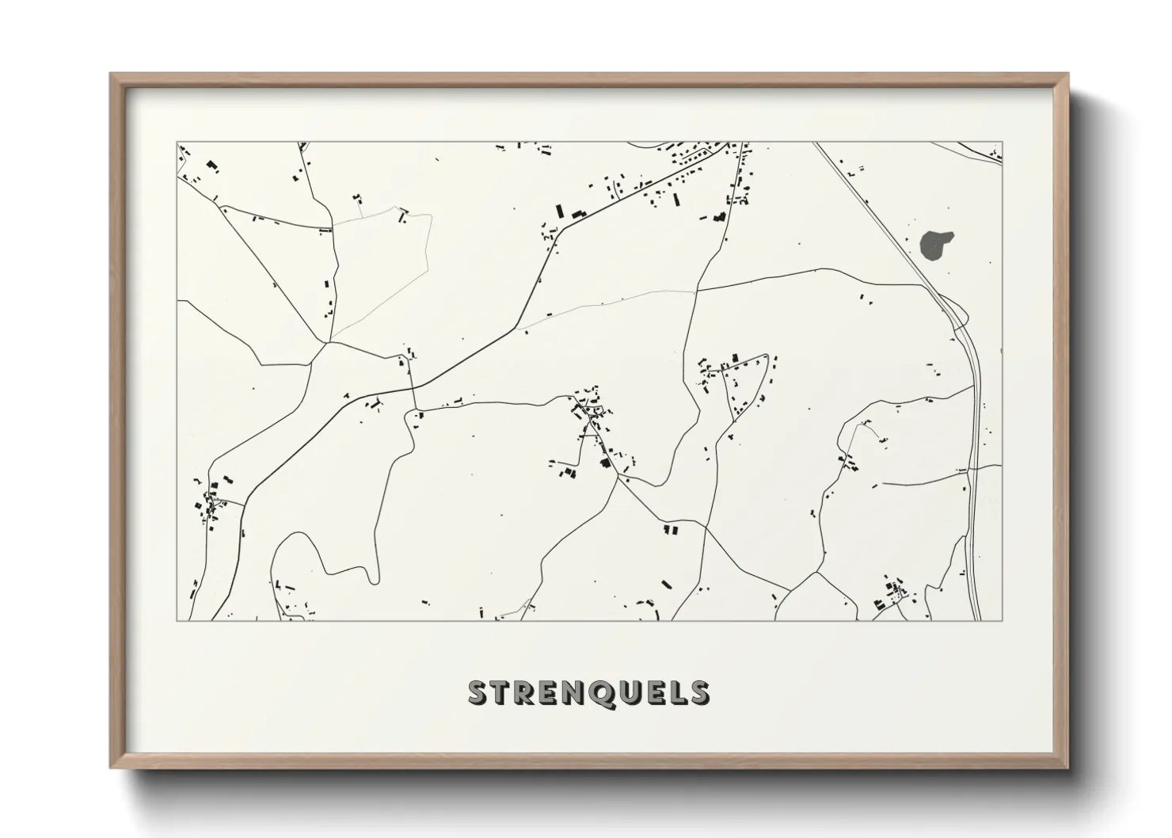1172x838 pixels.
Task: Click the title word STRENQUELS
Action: tap(588, 692)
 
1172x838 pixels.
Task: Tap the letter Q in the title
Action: tap(603, 692)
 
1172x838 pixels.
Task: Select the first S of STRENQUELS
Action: tap(478, 692)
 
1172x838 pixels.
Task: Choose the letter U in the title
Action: tap(630, 692)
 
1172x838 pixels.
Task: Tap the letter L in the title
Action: tap(678, 692)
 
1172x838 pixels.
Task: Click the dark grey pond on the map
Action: tap(937, 245)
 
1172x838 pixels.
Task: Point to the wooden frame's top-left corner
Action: tap(111, 74)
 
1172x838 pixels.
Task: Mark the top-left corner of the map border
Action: tap(177, 143)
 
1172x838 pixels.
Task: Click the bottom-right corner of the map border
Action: tap(1003, 620)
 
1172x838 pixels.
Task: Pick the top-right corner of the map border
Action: tap(1003, 143)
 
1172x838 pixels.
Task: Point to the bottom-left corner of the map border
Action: tap(177, 620)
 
